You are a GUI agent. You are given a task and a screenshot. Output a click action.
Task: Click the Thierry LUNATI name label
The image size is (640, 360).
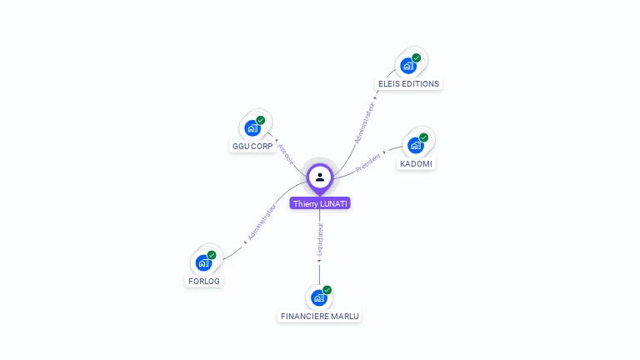pyautogui.click(x=320, y=203)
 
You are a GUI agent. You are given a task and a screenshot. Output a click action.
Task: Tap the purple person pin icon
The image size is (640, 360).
pyautogui.click(x=320, y=177)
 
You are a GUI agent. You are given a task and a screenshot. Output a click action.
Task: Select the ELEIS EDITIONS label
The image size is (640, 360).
pyautogui.click(x=408, y=83)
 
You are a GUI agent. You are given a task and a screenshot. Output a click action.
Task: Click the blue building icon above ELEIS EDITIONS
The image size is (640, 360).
pyautogui.click(x=407, y=66)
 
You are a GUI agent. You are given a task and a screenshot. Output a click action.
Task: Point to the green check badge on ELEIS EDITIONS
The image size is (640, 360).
pyautogui.click(x=416, y=57)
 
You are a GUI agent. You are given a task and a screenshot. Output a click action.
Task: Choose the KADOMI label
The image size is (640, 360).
pyautogui.click(x=417, y=163)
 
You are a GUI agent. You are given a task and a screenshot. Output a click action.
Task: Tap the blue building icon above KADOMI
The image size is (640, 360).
pyautogui.click(x=415, y=145)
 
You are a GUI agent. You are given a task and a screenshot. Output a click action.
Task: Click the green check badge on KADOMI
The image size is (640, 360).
pyautogui.click(x=423, y=137)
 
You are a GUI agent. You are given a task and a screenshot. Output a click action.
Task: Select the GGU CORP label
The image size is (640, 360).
pyautogui.click(x=252, y=146)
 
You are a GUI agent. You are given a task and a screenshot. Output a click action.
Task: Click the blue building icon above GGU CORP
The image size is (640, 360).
pyautogui.click(x=252, y=127)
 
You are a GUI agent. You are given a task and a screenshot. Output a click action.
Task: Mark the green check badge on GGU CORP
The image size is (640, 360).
pyautogui.click(x=261, y=120)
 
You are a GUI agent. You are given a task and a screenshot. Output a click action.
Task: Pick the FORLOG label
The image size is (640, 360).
pyautogui.click(x=204, y=281)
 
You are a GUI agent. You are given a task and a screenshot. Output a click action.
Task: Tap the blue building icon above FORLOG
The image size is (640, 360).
pyautogui.click(x=203, y=262)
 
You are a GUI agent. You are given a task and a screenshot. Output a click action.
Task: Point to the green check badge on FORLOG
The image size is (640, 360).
pyautogui.click(x=212, y=255)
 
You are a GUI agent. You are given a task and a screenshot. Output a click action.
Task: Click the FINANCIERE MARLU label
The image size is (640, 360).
pyautogui.click(x=320, y=316)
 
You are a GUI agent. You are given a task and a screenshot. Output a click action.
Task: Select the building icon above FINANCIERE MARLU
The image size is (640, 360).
pyautogui.click(x=318, y=297)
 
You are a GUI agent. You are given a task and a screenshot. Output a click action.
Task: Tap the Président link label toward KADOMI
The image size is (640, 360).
pyautogui.click(x=368, y=162)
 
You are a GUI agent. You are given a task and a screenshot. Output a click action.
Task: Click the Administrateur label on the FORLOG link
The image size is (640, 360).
pyautogui.click(x=262, y=222)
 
